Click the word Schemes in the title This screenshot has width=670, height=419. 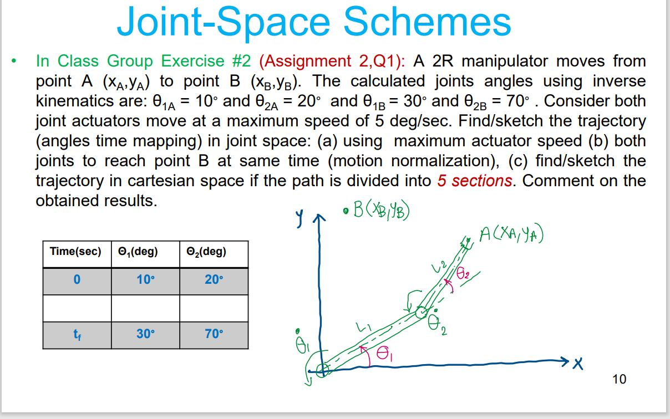[x=427, y=22]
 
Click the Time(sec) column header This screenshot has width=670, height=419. [x=76, y=252]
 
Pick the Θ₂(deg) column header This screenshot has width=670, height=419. [x=207, y=252]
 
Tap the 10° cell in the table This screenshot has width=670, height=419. [x=145, y=279]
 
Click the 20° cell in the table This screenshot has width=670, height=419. [x=214, y=279]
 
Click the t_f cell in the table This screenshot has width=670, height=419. [x=77, y=334]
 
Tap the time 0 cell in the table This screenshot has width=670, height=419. [x=77, y=279]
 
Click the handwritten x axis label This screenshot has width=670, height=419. [x=578, y=364]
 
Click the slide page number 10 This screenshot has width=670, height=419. [x=619, y=379]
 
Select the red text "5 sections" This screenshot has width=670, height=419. [x=474, y=181]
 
